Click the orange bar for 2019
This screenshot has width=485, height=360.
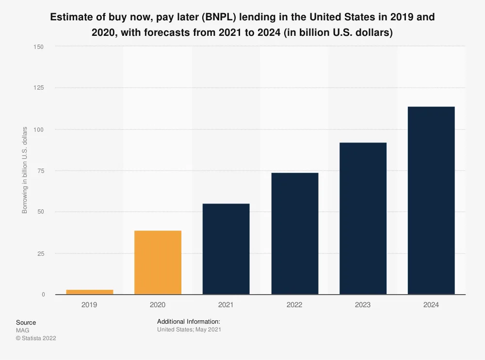[89, 292]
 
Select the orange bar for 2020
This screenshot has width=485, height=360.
[158, 262]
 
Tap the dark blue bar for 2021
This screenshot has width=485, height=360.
[226, 249]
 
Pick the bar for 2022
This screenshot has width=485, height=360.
[294, 233]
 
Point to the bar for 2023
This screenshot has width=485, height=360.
[363, 218]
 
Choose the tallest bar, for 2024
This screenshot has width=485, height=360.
[431, 200]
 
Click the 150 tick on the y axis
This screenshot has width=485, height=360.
[39, 47]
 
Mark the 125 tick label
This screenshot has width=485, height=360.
[39, 88]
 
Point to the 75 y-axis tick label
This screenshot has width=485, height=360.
[41, 171]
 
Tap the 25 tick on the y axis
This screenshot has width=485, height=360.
[41, 253]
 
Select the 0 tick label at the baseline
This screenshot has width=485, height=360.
[43, 295]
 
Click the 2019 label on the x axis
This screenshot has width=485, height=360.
[89, 305]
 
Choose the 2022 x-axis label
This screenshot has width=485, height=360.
[294, 305]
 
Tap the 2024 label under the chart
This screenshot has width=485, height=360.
[431, 305]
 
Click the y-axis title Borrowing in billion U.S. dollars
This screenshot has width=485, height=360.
[25, 171]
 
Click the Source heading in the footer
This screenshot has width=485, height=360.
[26, 322]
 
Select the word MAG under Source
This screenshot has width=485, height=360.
[22, 330]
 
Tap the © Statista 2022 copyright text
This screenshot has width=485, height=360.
[36, 338]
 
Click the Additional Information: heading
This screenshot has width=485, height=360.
[189, 321]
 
